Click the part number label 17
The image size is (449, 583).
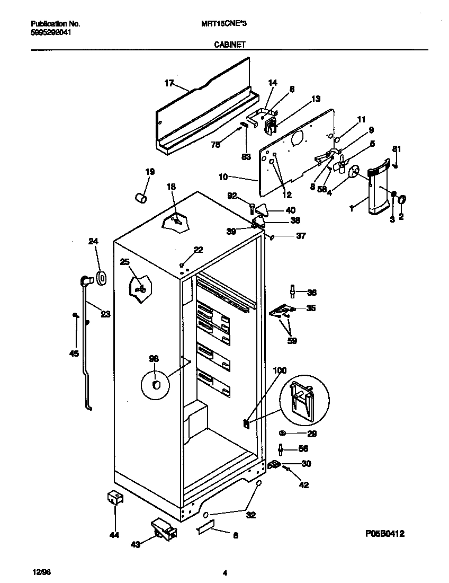pyautogui.click(x=169, y=83)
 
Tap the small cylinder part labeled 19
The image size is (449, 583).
pyautogui.click(x=141, y=198)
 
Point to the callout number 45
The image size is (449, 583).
pyautogui.click(x=74, y=354)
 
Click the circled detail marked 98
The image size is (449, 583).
pyautogui.click(x=156, y=384)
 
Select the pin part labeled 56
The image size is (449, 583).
pyautogui.click(x=281, y=449)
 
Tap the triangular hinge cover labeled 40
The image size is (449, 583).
pyautogui.click(x=263, y=211)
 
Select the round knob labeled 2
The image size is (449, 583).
pyautogui.click(x=401, y=200)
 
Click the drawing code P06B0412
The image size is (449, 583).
pyautogui.click(x=388, y=534)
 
